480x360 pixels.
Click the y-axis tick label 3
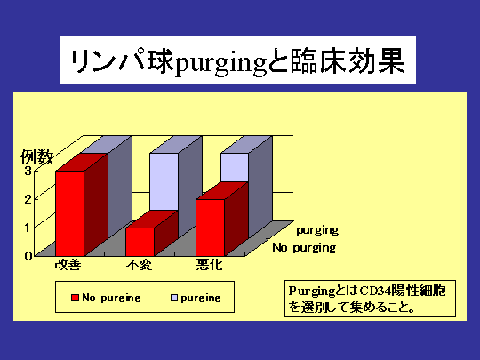(x=28, y=171)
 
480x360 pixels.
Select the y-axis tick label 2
(x=28, y=199)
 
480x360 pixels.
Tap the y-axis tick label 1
(x=28, y=228)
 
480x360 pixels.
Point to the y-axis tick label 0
(x=28, y=256)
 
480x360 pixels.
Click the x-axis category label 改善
(x=68, y=265)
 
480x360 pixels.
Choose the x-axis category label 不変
(x=139, y=265)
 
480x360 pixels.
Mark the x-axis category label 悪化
(x=210, y=265)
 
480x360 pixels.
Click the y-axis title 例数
(x=37, y=157)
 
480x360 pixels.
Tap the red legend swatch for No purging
(x=75, y=298)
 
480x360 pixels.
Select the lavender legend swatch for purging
(x=174, y=298)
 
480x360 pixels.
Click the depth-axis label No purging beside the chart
(x=304, y=248)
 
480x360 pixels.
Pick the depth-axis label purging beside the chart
(x=317, y=230)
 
